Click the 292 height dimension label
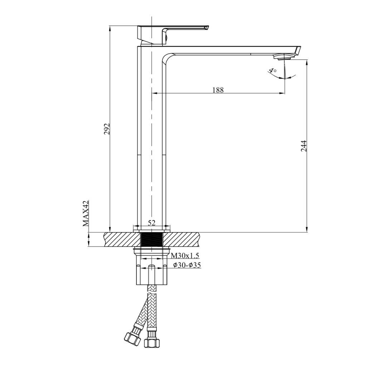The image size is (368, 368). [107, 129]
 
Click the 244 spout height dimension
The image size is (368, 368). [304, 146]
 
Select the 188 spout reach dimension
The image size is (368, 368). [218, 90]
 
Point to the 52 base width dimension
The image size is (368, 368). [151, 223]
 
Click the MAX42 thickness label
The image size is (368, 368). [86, 213]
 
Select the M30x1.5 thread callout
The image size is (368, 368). [185, 256]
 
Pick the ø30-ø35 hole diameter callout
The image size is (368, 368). [187, 265]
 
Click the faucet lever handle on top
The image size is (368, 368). [172, 29]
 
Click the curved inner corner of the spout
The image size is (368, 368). [168, 58]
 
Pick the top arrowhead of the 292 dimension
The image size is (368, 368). [110, 28]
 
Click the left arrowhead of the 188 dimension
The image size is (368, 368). [154, 93]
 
